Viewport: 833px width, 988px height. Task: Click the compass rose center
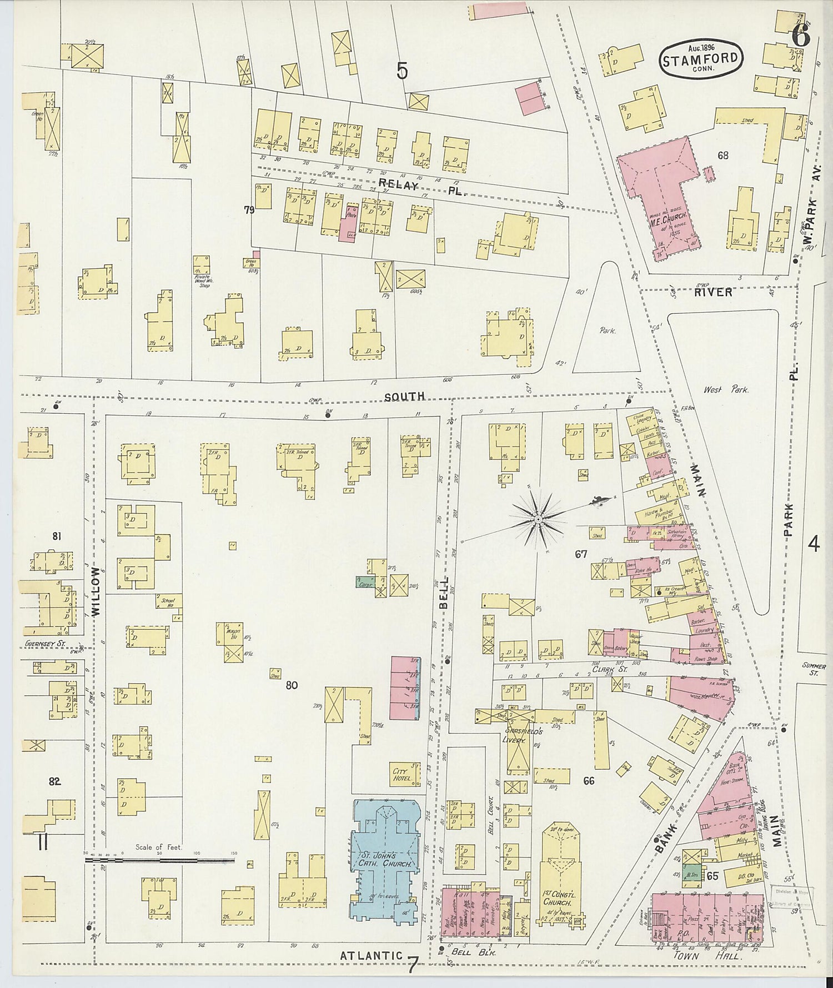pyautogui.click(x=538, y=519)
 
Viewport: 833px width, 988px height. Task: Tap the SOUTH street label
pyautogui.click(x=405, y=396)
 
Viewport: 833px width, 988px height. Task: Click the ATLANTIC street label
pyautogui.click(x=371, y=955)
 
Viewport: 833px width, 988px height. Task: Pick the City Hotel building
pyautogui.click(x=400, y=775)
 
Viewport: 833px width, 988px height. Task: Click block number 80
pyautogui.click(x=292, y=685)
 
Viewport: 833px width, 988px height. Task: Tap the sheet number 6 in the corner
pyautogui.click(x=800, y=37)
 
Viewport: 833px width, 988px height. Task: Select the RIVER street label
pyautogui.click(x=713, y=292)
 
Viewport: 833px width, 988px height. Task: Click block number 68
pyautogui.click(x=722, y=156)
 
